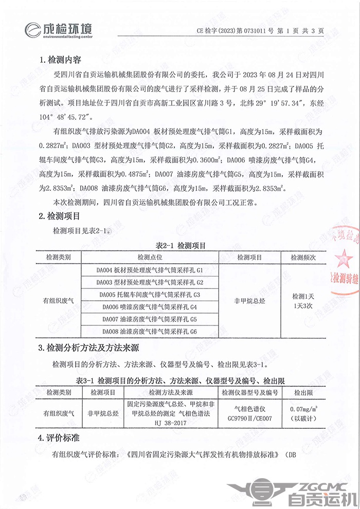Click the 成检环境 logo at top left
tap(59, 29)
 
